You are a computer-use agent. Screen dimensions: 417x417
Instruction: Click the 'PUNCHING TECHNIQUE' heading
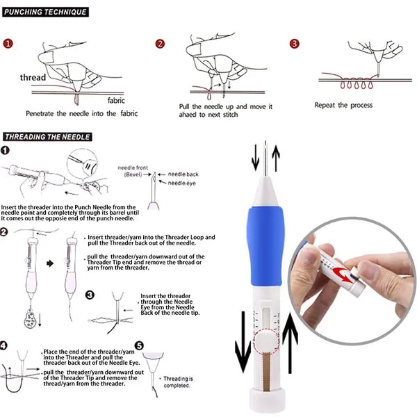pos(47,12)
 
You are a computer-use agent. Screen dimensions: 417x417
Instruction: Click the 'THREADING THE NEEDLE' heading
pos(47,137)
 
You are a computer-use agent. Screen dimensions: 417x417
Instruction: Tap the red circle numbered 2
pos(160,44)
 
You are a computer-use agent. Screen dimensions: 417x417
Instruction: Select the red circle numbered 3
pos(294,43)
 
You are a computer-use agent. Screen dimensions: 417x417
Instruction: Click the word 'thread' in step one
pos(33,78)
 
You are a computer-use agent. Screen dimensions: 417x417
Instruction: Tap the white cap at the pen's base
pos(268,399)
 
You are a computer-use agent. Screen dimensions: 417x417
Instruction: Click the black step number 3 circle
pos(90,295)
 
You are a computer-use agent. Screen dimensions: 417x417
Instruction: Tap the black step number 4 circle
pos(6,345)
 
